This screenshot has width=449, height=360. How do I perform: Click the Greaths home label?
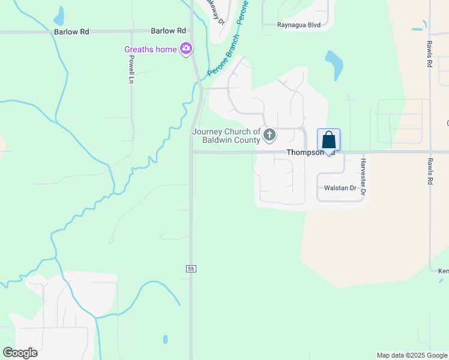point(150,49)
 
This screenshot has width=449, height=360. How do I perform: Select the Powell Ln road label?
point(131,69)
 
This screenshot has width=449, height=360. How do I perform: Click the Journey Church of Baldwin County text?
point(226,136)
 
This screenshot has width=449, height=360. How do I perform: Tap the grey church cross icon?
point(270,136)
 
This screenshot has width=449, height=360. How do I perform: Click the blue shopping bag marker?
point(328,140)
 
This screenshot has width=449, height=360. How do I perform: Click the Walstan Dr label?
point(340,188)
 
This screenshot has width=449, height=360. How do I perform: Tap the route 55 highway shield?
point(191,268)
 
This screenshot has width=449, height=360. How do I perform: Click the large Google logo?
point(20,353)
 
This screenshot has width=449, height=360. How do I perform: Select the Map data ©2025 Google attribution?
point(412,355)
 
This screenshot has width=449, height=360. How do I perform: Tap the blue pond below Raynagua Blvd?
point(334,63)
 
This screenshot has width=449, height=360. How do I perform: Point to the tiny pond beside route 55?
point(165,339)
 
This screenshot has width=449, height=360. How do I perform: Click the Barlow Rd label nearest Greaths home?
point(169,31)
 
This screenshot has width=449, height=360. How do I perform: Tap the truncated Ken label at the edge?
point(443,271)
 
